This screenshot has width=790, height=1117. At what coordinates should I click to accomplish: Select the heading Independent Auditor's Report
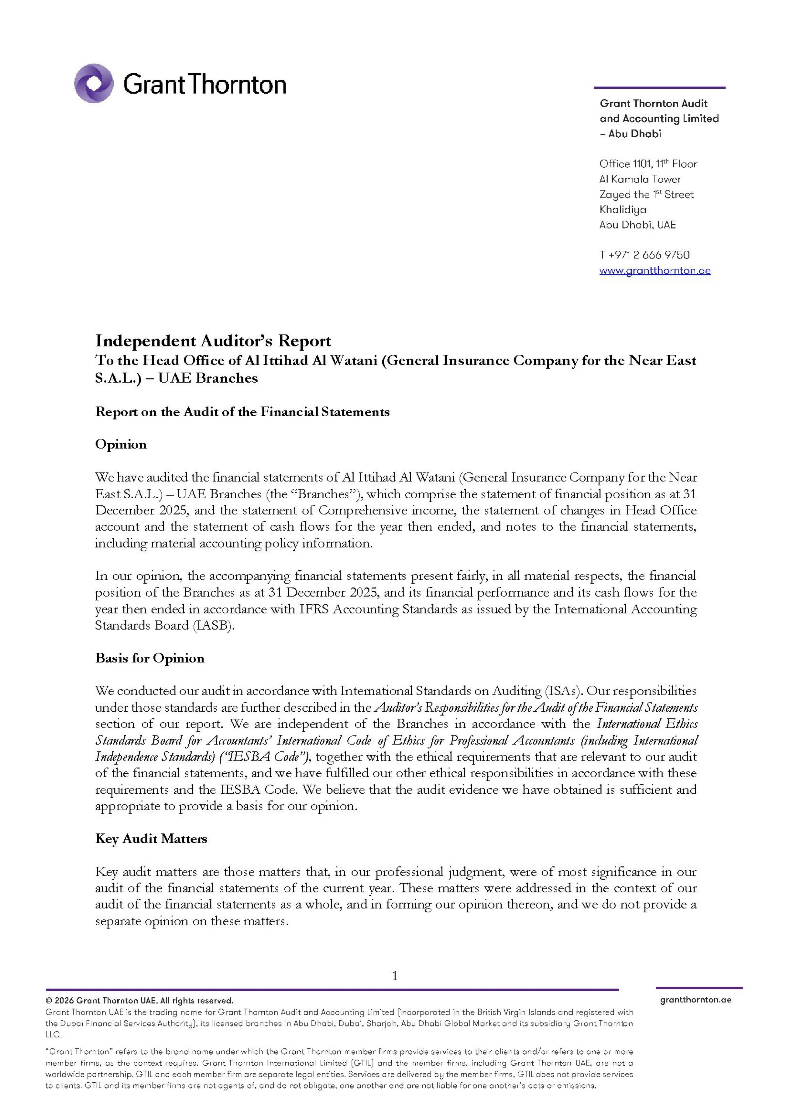213,341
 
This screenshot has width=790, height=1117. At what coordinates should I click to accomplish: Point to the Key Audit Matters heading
151,838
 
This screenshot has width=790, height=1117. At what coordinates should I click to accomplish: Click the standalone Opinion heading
121,444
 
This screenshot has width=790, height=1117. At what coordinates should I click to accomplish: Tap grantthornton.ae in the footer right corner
696,1000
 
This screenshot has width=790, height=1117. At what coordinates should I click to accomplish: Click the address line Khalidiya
623,210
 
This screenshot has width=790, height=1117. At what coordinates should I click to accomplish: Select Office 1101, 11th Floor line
648,164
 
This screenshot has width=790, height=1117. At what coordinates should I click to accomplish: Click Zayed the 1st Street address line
646,194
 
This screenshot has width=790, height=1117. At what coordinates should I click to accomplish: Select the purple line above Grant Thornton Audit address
659,88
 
